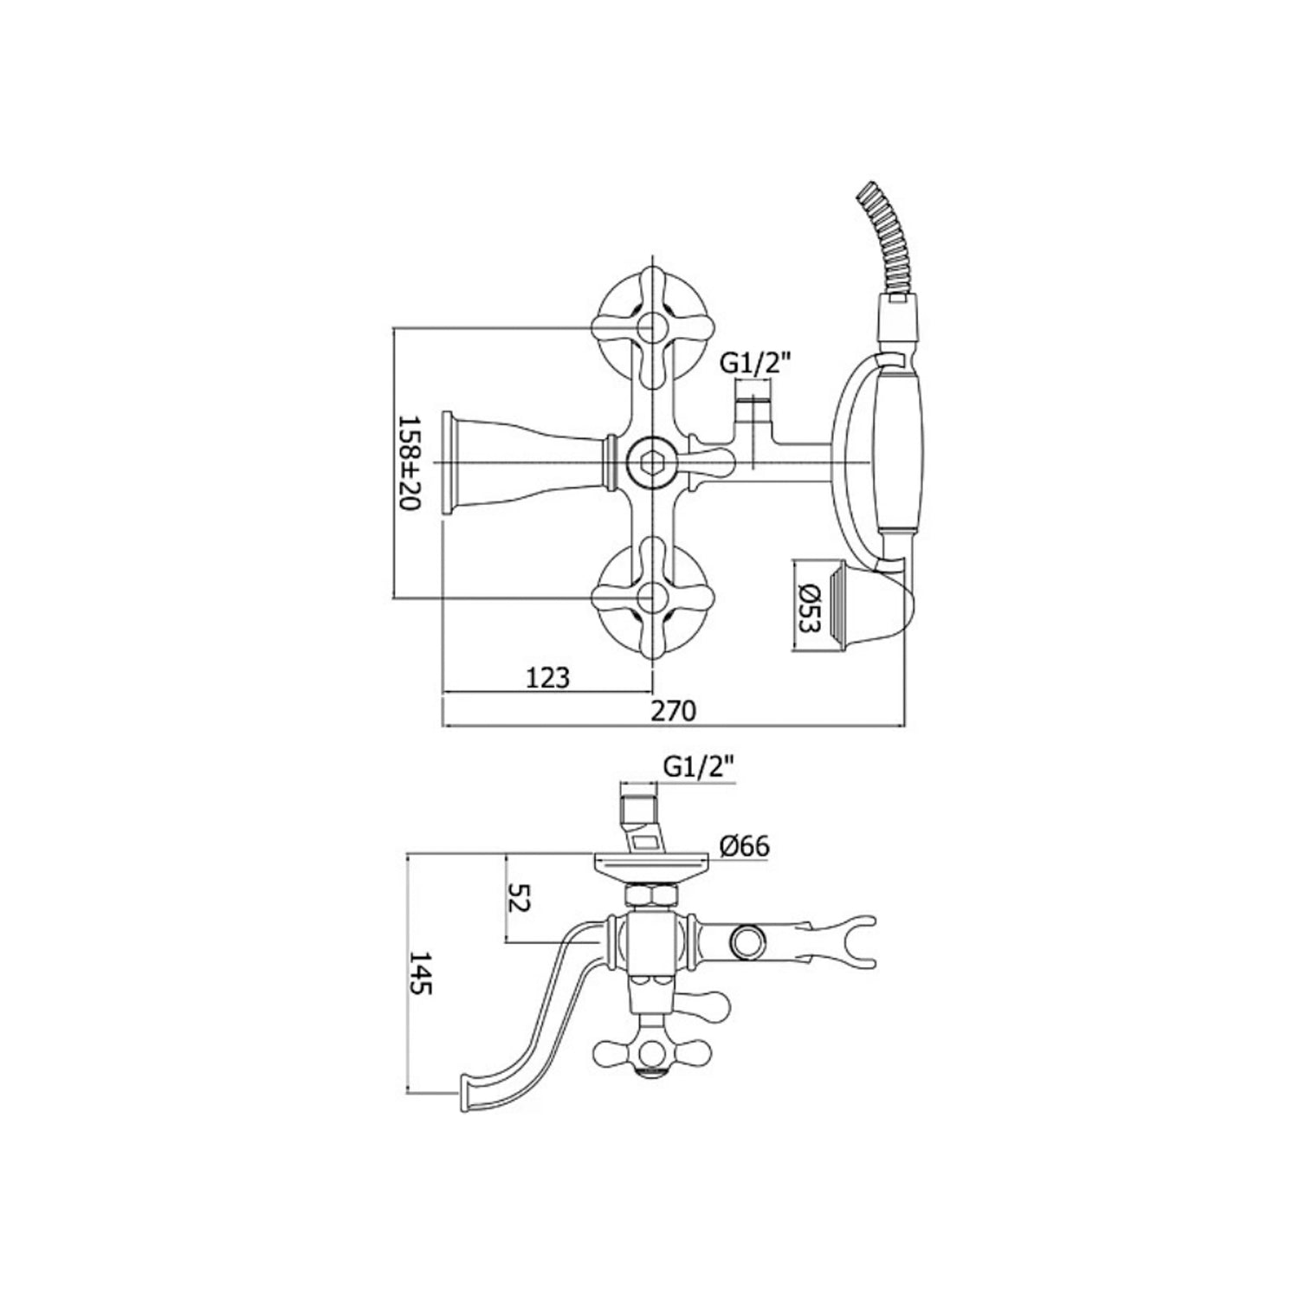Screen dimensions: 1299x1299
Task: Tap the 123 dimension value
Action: (547, 676)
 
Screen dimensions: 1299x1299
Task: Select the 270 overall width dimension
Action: (673, 711)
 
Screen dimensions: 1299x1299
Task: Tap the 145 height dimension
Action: (422, 973)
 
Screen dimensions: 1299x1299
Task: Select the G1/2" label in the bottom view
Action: (698, 766)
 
